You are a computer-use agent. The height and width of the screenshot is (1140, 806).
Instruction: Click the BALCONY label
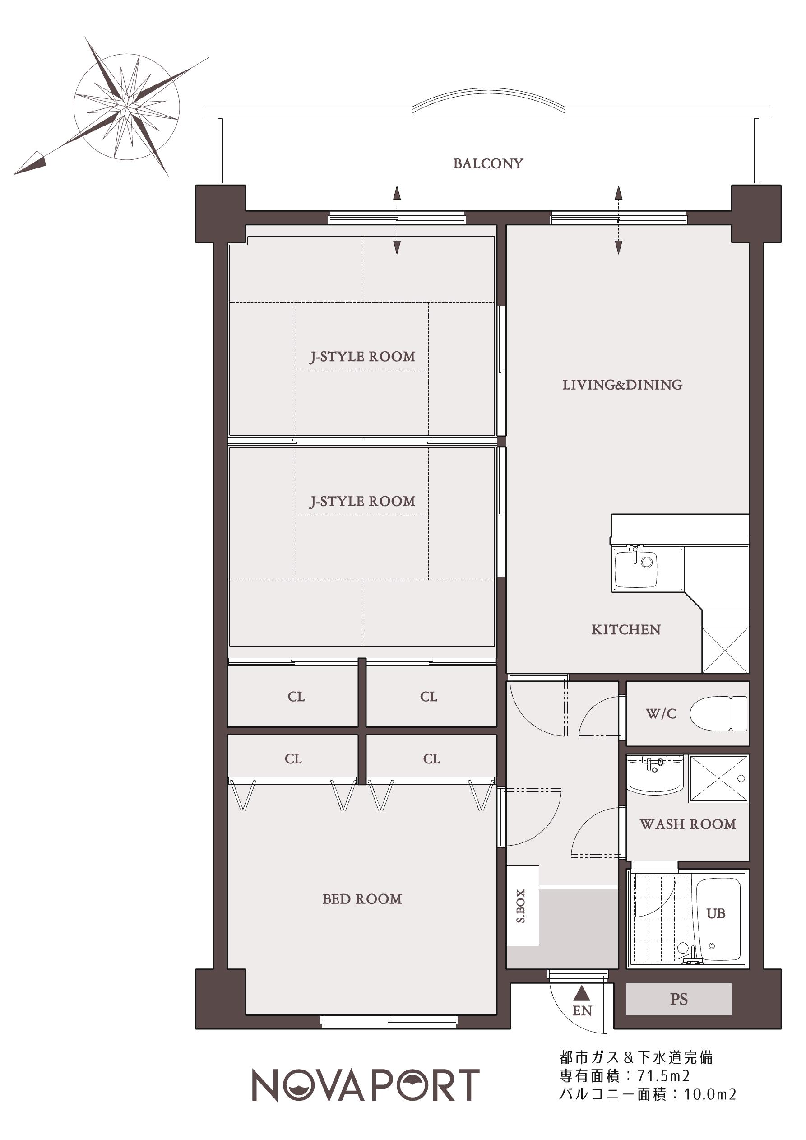click(488, 164)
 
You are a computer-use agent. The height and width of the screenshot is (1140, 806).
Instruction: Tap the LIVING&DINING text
click(622, 385)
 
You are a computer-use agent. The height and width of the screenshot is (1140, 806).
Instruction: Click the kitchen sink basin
click(636, 569)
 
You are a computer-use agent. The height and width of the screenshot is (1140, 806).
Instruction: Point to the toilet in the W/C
click(718, 713)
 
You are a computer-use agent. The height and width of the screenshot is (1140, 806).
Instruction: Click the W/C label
click(661, 713)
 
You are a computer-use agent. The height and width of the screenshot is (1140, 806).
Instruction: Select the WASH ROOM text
click(688, 824)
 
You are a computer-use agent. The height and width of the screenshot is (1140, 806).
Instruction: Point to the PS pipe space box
click(678, 999)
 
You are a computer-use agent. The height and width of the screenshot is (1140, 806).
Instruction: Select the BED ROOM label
click(362, 899)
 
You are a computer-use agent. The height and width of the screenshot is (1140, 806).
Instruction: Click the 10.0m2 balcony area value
click(710, 1094)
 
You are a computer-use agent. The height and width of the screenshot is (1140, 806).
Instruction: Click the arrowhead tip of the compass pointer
click(14, 174)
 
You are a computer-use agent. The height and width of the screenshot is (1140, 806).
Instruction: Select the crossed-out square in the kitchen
click(725, 651)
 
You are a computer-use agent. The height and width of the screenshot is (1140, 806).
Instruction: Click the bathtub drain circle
click(712, 946)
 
